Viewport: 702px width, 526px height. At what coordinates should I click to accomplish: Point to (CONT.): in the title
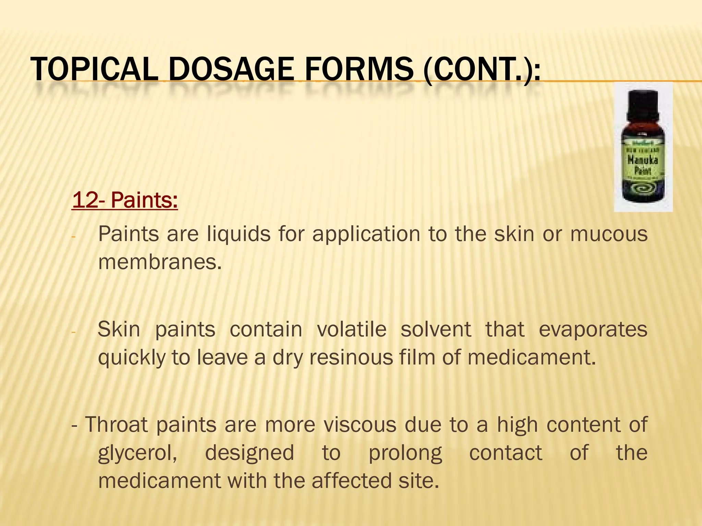tap(482, 70)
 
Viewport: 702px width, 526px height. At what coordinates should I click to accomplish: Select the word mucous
tap(609, 234)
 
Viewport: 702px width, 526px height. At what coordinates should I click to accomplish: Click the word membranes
tap(160, 262)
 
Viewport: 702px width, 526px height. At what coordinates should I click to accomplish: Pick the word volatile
tap(352, 329)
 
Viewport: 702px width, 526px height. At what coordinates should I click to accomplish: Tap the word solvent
tap(436, 329)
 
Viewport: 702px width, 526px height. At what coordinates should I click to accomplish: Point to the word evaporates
tap(593, 330)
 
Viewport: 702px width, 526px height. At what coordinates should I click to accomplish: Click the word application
tap(366, 235)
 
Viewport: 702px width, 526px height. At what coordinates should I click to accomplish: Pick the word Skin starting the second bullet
tap(119, 329)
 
